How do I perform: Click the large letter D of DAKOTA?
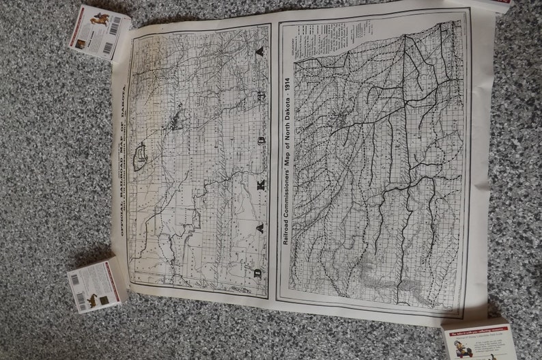point(257,273)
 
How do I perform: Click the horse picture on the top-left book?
point(99,18)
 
